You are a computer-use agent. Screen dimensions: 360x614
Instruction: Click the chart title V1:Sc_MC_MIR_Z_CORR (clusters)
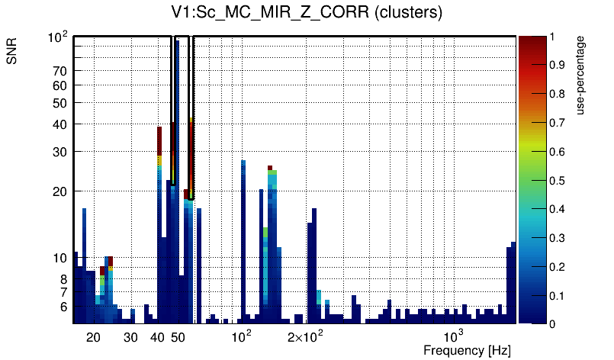click(307, 13)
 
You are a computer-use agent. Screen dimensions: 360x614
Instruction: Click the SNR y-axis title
click(12, 52)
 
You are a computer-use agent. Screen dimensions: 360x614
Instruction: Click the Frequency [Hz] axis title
click(467, 351)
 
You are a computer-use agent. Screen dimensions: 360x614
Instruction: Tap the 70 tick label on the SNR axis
click(60, 72)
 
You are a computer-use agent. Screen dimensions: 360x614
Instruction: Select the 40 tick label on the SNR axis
click(60, 124)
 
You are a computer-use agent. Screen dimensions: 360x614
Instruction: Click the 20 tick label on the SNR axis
click(60, 191)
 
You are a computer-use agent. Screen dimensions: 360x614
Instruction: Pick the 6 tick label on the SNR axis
click(64, 307)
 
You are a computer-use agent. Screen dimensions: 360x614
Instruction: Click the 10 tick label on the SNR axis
click(60, 259)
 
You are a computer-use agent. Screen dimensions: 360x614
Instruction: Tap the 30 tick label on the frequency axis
click(130, 337)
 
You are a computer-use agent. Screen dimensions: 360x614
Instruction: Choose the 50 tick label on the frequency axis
click(178, 337)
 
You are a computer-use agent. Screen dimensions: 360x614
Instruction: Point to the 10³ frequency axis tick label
click(454, 336)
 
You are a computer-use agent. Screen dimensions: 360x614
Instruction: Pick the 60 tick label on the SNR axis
click(60, 86)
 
